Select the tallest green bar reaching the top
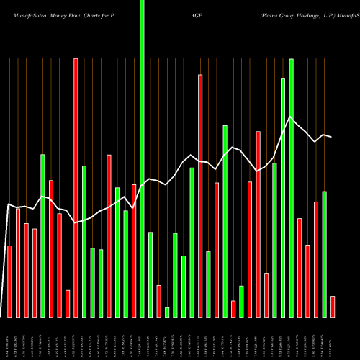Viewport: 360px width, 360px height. pos(142,158)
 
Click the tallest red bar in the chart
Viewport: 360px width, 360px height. pos(76,187)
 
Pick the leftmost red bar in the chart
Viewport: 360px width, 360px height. pos(9,281)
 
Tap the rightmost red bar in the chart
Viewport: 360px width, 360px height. pos(333,306)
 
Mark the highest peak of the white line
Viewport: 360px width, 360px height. pos(290,117)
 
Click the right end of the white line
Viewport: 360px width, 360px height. pos(331,137)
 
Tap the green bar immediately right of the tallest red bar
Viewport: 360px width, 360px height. pos(84,241)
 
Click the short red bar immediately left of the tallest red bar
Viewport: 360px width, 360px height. pos(68,303)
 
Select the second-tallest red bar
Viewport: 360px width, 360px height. pos(200,195)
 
